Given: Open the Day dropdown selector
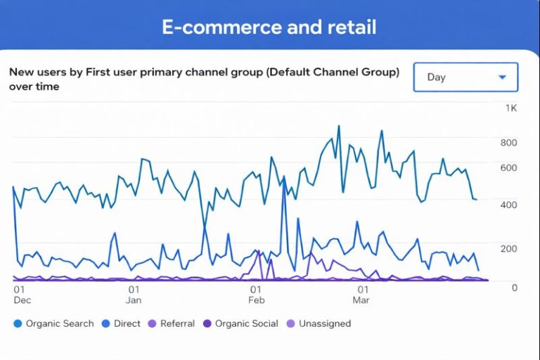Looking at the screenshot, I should point(465,77).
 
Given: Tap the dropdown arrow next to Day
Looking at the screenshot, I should point(502,77).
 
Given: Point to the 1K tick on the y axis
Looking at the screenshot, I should point(511,108).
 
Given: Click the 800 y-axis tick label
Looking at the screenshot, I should point(508,143).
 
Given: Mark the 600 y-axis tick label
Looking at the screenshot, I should point(508,167).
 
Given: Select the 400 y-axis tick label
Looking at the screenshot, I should point(508,205).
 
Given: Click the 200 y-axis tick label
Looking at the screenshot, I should point(508,248).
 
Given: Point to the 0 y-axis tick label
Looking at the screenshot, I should point(515,287).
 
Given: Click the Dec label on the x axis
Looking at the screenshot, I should point(22,300).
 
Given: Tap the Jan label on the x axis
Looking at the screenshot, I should point(134,300).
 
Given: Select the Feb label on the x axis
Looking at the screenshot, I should point(257,300).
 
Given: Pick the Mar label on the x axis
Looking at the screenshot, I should point(361,300).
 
